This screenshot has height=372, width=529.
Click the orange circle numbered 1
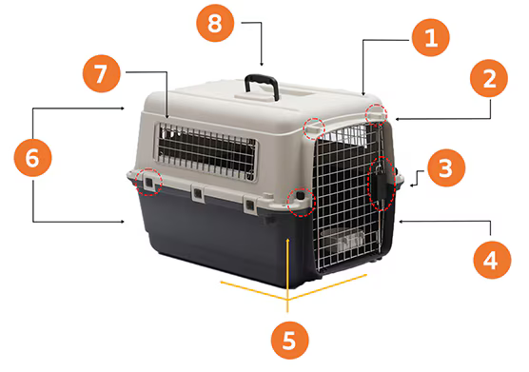(x=430, y=37)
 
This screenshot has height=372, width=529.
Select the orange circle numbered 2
(x=489, y=79)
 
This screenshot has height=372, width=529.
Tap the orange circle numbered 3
(x=446, y=168)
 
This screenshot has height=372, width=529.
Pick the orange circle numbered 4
(x=492, y=260)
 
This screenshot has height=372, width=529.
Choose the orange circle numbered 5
(x=290, y=340)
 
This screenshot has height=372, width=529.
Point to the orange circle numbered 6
(x=32, y=158)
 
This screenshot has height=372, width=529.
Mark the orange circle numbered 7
(x=101, y=73)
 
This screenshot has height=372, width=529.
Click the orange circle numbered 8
(x=215, y=23)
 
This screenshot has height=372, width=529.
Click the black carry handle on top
(x=263, y=80)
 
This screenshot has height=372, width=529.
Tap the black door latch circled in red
(x=382, y=184)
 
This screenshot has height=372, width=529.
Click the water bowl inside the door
(x=343, y=240)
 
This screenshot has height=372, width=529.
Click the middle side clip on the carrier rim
(x=198, y=193)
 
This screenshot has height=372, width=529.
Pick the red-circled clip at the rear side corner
(x=148, y=183)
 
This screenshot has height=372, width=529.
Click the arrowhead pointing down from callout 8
(x=262, y=64)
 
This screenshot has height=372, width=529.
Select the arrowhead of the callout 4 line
(x=401, y=222)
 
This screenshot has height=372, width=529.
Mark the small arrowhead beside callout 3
(x=412, y=185)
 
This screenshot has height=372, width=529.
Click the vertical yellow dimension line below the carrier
(x=287, y=275)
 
